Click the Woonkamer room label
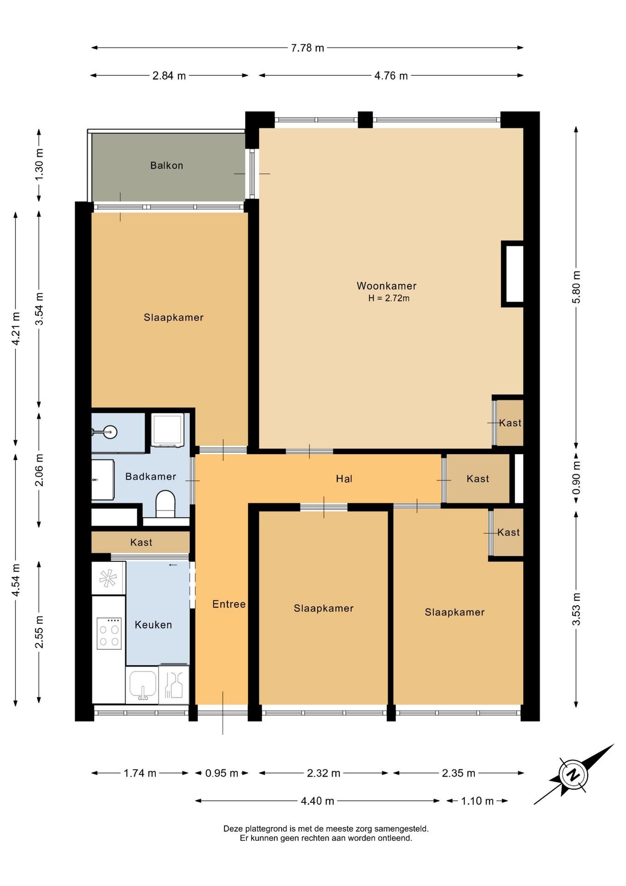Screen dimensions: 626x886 coord(386,286)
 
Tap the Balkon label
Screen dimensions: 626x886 coord(166,165)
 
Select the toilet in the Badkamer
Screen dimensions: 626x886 coord(165,504)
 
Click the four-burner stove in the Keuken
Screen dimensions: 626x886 coord(109,633)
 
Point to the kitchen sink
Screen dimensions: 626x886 coord(142,684)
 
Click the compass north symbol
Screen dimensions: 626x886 coord(573,774)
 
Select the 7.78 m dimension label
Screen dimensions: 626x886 coord(307,48)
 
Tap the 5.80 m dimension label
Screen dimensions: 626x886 coord(576,287)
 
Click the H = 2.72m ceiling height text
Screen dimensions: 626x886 coord(389,298)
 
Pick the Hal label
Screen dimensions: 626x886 coord(344,479)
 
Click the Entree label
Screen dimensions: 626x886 coord(229,604)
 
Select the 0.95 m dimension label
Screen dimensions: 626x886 coord(222,773)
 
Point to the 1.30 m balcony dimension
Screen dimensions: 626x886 coord(39,165)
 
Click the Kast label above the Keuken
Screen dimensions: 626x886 coord(141,542)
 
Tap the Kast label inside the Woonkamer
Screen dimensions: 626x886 coord(510,423)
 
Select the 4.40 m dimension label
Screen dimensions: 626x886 coord(317,801)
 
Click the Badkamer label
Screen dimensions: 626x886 coord(151,476)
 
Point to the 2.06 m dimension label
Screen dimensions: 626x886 coord(39,470)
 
